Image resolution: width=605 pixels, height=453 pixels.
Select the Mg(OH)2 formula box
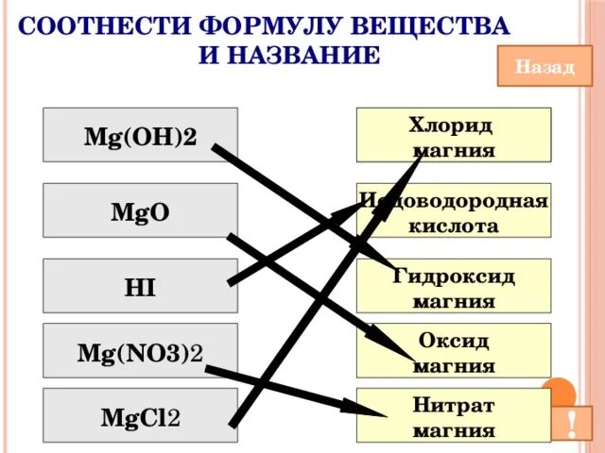(140, 135)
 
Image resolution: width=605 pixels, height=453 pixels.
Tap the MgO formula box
(140, 210)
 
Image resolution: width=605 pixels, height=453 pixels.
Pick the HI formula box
(140, 285)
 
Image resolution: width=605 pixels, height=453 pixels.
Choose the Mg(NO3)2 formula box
(140, 354)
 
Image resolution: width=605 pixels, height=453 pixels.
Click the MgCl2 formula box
(140, 416)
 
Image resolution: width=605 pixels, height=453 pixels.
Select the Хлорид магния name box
(454, 135)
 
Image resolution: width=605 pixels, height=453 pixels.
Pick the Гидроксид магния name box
(454, 285)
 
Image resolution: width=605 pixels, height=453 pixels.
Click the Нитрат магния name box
(454, 416)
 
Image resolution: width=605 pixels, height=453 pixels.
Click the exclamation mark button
(574, 422)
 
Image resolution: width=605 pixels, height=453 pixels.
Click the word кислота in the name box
(454, 227)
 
